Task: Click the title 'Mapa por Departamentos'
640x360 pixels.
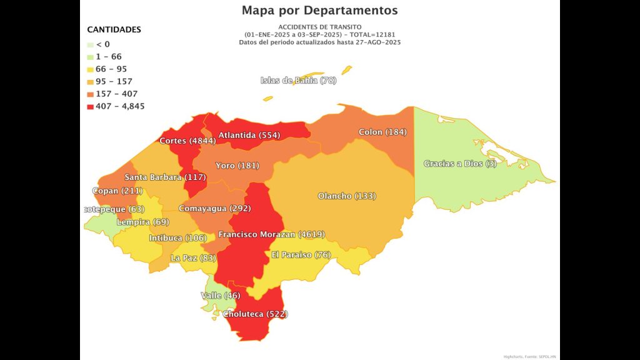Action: coord(319,11)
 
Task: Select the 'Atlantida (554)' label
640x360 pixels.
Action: coord(249,135)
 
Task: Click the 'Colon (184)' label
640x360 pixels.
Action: coord(382,132)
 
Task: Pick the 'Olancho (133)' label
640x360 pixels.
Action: coord(347,196)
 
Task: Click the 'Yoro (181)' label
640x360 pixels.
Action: coord(237,166)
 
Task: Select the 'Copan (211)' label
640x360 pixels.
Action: coord(117,191)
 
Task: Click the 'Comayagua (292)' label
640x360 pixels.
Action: coord(214,208)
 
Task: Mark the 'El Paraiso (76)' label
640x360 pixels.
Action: coord(301,254)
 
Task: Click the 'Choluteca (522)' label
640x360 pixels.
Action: coord(256,314)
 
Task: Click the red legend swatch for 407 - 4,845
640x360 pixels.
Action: coord(91,106)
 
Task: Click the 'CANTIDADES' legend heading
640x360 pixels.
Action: coord(114,29)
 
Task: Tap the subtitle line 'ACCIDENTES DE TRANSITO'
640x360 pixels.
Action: coord(319,27)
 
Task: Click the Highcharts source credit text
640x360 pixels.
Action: coord(529,356)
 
